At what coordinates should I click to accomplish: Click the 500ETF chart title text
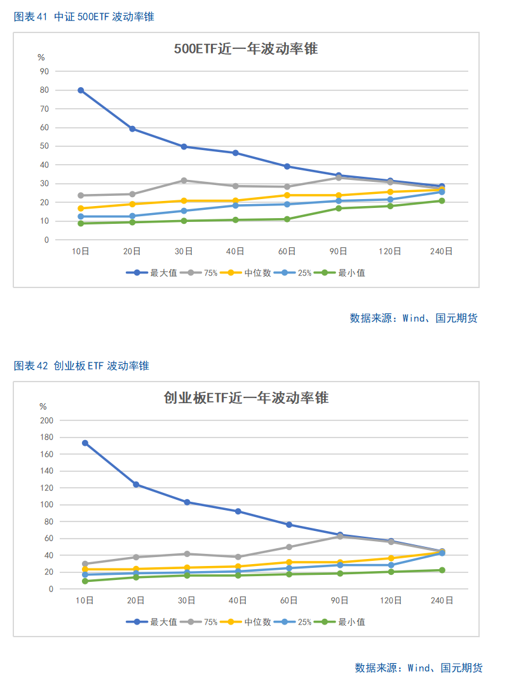tap(246, 48)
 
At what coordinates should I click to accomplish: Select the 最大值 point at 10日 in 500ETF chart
tap(81, 90)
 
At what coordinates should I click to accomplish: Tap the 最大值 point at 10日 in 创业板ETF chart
tap(85, 443)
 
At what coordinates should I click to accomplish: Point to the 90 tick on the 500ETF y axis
tap(44, 71)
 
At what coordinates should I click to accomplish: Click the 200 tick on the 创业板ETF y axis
tap(46, 420)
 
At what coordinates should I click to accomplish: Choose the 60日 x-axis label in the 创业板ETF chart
tap(288, 600)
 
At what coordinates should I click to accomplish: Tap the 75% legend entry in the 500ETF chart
tap(201, 273)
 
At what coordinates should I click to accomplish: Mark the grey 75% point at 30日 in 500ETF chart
tap(184, 181)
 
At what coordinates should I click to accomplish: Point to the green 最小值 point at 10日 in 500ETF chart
tap(81, 223)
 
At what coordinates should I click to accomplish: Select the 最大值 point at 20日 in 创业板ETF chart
tap(135, 485)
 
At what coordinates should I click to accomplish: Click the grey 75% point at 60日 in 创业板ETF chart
tap(288, 547)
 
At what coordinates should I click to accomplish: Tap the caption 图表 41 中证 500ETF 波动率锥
tap(84, 17)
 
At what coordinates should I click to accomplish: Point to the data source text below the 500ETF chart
tap(413, 318)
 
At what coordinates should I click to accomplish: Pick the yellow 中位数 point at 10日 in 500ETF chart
tap(81, 209)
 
